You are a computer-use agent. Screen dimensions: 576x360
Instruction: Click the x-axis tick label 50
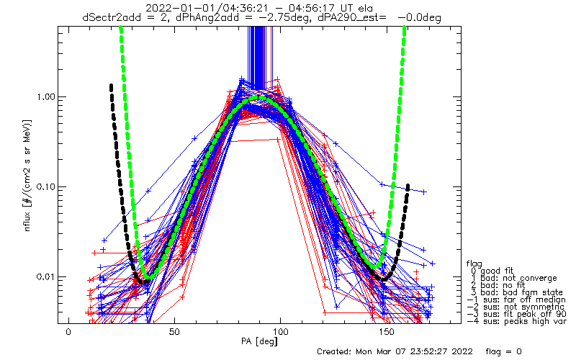(x=174, y=332)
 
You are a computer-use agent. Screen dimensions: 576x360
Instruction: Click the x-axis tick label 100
(x=280, y=332)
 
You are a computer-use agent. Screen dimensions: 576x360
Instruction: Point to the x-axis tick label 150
(x=387, y=332)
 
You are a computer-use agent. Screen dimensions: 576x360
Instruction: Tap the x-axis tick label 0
(x=68, y=332)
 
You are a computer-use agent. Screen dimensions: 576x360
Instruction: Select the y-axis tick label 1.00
(x=45, y=97)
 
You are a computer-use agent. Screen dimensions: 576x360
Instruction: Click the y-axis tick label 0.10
(x=45, y=187)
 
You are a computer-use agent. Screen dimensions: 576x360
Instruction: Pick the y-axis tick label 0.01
(x=45, y=276)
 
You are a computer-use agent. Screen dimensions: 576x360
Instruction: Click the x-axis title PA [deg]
(x=259, y=341)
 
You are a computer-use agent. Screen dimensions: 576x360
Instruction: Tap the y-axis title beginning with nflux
(x=27, y=175)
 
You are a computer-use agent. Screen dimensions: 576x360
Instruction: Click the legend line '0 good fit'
(x=492, y=271)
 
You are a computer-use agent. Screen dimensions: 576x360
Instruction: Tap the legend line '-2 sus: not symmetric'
(x=516, y=307)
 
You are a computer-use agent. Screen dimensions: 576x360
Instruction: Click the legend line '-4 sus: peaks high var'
(x=517, y=321)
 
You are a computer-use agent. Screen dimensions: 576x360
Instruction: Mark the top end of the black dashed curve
(x=111, y=86)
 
